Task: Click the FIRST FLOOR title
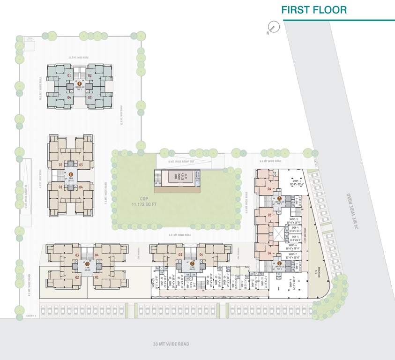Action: [x=314, y=10]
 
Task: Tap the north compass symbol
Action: [x=271, y=28]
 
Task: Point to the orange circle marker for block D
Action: [x=87, y=264]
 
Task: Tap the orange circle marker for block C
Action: [x=192, y=264]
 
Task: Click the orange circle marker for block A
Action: [x=279, y=198]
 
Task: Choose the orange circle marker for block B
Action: [x=279, y=264]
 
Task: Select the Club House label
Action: [x=177, y=177]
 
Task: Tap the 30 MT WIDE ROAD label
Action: [x=171, y=344]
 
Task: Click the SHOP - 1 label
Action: [x=297, y=181]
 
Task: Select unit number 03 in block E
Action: [x=81, y=165]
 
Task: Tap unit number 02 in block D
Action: [x=76, y=277]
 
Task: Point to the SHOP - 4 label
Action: [x=294, y=227]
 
